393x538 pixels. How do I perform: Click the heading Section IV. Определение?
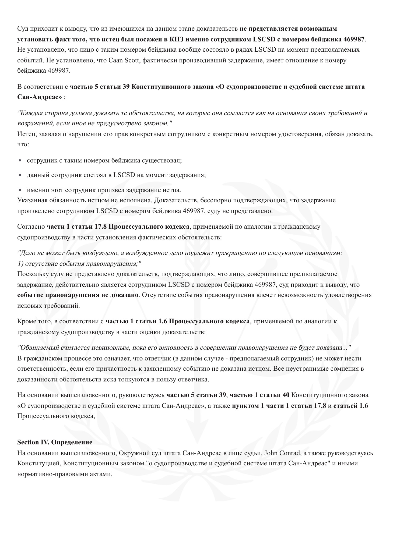55,442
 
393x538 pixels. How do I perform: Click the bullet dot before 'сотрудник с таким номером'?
20,161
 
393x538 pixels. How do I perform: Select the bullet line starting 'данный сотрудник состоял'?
116,175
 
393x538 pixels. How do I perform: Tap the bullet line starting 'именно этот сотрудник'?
104,190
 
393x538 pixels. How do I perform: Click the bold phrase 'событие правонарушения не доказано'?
78,295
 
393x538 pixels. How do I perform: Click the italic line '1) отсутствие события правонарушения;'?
79,264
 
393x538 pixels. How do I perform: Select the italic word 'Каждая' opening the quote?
29,113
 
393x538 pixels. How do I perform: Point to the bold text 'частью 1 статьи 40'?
260,395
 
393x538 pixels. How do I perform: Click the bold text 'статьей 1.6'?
350,406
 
